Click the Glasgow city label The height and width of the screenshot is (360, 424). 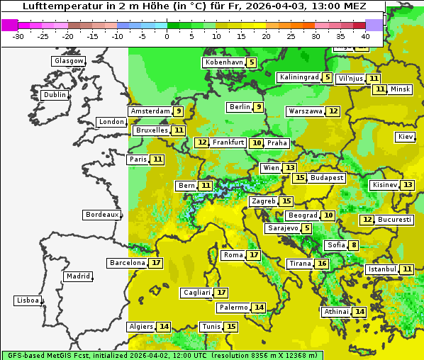point(69,61)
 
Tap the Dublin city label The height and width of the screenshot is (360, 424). point(55,95)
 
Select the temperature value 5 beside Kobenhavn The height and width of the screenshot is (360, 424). point(252,62)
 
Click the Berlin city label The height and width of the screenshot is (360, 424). point(240,107)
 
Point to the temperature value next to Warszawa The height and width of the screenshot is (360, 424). point(333,111)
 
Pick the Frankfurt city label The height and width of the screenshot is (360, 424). point(228,142)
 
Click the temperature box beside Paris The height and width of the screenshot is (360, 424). point(157,159)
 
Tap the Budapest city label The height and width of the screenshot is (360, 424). point(327,178)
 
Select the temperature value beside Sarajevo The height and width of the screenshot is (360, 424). point(306,228)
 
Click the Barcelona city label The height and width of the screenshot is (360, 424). point(128,263)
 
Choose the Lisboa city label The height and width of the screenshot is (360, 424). point(27,300)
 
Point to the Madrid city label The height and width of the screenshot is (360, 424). point(78,276)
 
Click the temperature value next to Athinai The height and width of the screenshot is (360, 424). point(359,312)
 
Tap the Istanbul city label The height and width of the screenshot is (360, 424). point(382,269)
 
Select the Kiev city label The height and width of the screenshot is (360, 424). point(406,137)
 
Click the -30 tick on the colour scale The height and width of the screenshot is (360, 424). point(18,35)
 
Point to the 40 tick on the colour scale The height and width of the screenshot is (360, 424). point(365,35)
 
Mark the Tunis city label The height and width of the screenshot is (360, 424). point(211,327)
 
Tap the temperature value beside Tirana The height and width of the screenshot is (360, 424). point(322,264)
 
